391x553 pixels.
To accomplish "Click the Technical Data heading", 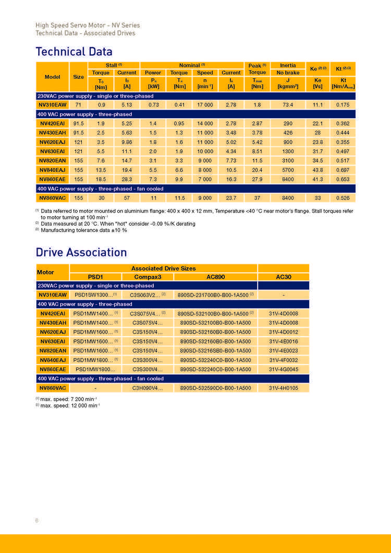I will (x=74, y=52).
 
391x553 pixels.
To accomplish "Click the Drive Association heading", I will (x=81, y=252).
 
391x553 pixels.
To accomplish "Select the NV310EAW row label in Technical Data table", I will (x=53, y=105).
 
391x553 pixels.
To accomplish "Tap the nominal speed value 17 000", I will (x=205, y=105).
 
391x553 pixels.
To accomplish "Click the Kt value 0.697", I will (x=343, y=170).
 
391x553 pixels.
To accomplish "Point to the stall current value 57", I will (x=127, y=198).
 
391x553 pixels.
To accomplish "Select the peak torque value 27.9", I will (x=257, y=179).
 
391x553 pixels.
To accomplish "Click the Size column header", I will (x=78, y=77).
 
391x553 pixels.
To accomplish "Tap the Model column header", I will (x=53, y=77).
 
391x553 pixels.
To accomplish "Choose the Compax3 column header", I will (x=148, y=277).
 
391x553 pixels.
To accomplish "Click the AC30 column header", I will (x=284, y=277).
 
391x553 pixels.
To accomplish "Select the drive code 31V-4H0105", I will (x=284, y=388).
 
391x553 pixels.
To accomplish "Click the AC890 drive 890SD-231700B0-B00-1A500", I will (x=214, y=294).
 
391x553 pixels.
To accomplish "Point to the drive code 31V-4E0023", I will (x=284, y=350).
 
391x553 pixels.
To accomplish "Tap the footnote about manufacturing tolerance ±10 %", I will (x=83, y=230).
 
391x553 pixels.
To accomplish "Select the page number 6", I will (x=37, y=520).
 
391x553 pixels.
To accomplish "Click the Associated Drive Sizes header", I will (x=163, y=268).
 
